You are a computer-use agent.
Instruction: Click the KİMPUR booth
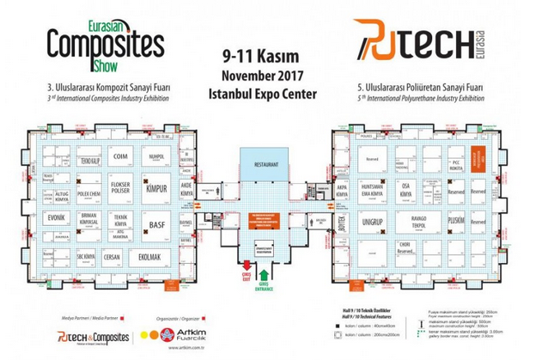(x=155, y=188)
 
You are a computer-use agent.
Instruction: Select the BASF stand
(x=156, y=225)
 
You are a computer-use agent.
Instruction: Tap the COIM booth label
(x=120, y=156)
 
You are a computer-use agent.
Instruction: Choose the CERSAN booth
(x=112, y=256)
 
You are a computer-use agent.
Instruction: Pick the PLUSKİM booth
(x=456, y=220)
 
